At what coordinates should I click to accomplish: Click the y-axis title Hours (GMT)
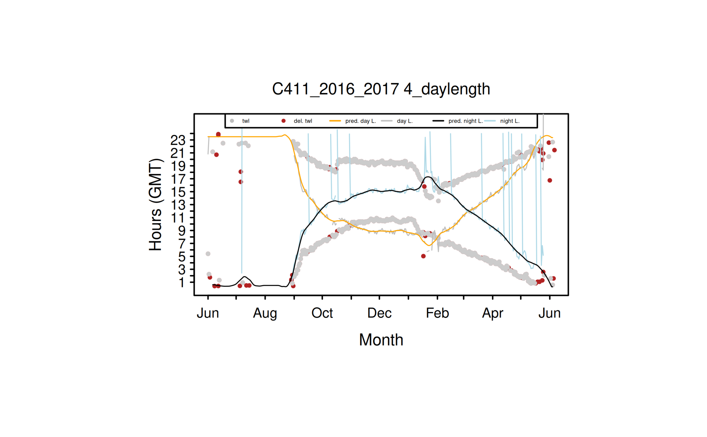[155, 205]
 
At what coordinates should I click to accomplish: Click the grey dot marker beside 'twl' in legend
[232, 121]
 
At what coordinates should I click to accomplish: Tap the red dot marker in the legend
[283, 121]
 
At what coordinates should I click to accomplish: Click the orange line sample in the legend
[335, 121]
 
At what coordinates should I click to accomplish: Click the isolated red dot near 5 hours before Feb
[423, 256]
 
